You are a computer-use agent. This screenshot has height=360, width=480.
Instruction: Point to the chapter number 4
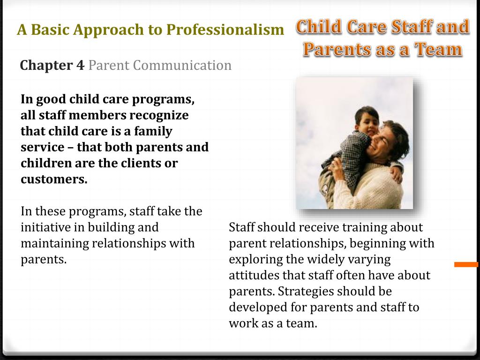(x=80, y=65)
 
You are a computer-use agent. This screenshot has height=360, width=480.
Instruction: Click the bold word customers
(x=54, y=179)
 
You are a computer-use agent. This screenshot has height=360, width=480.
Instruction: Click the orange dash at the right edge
(x=466, y=264)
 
